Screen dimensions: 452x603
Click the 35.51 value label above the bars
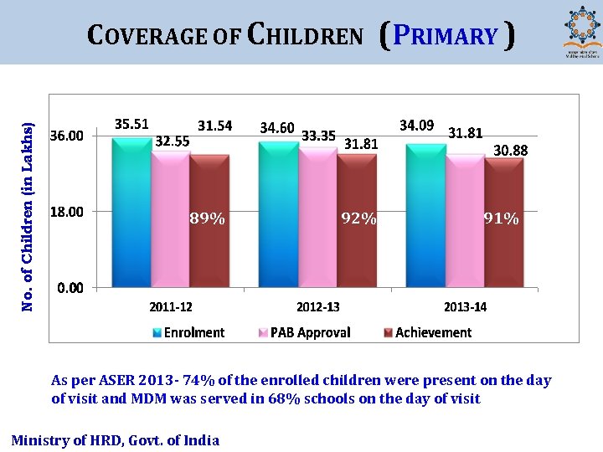click(x=131, y=124)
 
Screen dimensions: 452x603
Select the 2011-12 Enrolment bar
click(x=131, y=213)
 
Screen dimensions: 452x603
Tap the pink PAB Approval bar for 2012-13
click(x=317, y=218)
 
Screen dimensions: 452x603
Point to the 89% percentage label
click(x=207, y=219)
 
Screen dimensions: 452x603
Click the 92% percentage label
click(x=358, y=219)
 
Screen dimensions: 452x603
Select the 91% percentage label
click(x=502, y=219)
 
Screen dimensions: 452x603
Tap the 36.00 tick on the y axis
click(x=67, y=136)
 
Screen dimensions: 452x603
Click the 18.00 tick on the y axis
click(x=67, y=212)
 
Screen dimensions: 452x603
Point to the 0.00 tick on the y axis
click(x=70, y=288)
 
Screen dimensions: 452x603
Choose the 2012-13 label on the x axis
click(x=318, y=307)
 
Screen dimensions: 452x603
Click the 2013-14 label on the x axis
click(x=465, y=307)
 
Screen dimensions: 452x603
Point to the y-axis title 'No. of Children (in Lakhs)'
click(x=28, y=217)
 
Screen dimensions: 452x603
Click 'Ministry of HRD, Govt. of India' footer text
click(x=115, y=440)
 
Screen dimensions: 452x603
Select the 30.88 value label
click(x=510, y=151)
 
